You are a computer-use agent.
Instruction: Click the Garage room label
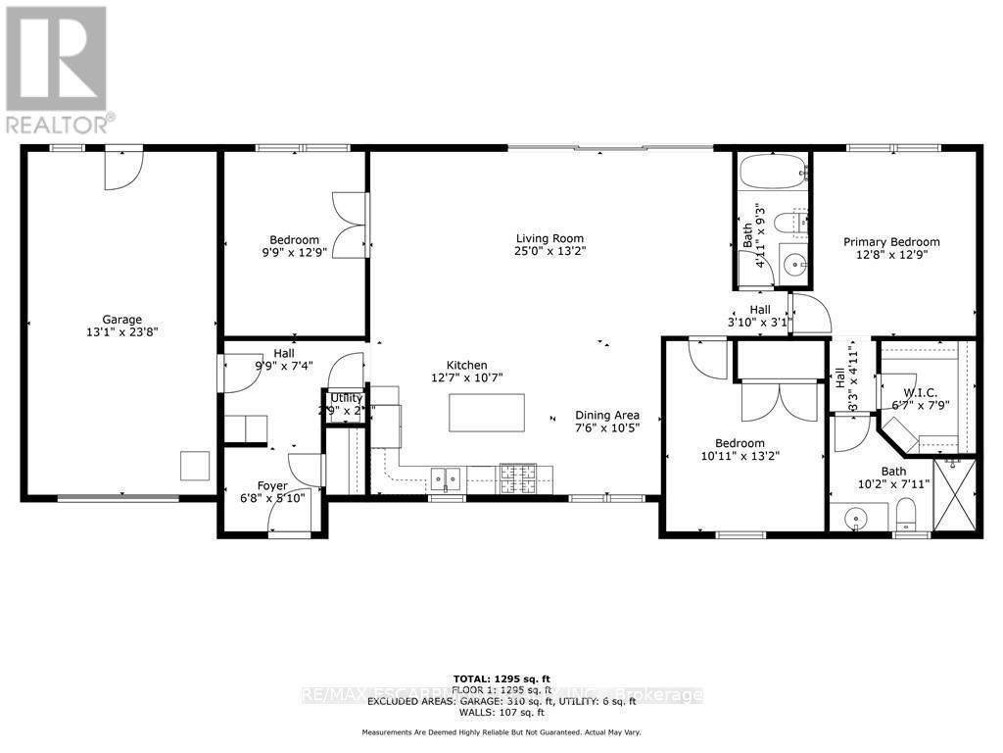(122, 319)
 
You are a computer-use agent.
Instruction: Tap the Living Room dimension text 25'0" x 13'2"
(550, 252)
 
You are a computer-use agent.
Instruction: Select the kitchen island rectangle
(487, 413)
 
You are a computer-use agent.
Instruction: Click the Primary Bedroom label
(892, 242)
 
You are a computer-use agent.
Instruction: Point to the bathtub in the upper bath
(773, 175)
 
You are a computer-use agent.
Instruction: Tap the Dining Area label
(607, 414)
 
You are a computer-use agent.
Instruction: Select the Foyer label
(272, 485)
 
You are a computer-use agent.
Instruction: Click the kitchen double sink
(448, 478)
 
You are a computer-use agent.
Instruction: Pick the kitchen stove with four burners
(518, 477)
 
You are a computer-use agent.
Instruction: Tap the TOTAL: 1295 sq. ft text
(501, 678)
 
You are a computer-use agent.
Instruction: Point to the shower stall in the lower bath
(954, 495)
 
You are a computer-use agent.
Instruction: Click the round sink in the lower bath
(851, 517)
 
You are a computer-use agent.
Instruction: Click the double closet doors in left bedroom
(351, 223)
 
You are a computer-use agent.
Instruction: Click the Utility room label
(346, 397)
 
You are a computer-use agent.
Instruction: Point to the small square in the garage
(193, 465)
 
